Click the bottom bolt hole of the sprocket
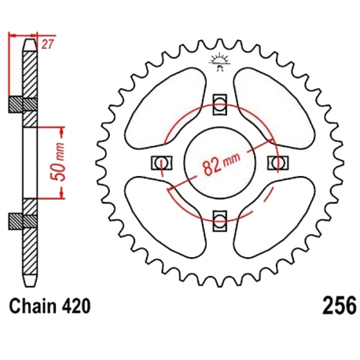tap(220, 222)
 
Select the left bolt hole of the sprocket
tap(161, 163)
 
